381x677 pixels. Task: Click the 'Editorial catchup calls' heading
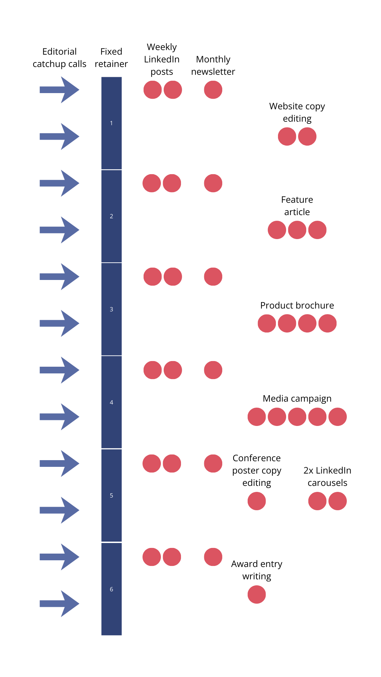tap(59, 57)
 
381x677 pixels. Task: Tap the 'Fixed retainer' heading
tap(111, 57)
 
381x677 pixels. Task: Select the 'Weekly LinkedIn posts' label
tap(162, 59)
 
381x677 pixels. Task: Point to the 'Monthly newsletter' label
tap(213, 65)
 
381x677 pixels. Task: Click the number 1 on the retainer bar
tap(111, 123)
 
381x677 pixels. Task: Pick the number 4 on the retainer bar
tap(111, 402)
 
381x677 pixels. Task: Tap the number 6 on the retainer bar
tap(111, 589)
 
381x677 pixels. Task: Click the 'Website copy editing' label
tap(297, 112)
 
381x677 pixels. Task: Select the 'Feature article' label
tap(297, 206)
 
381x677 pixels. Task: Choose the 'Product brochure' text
tap(297, 305)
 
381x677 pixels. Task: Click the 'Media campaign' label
tap(297, 398)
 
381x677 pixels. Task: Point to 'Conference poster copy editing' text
tap(257, 470)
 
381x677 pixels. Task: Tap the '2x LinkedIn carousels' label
tap(327, 476)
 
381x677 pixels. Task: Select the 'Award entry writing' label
tap(257, 570)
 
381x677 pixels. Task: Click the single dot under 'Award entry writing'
tap(257, 594)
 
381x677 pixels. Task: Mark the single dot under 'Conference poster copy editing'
tap(257, 501)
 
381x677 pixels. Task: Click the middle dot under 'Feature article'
tap(297, 230)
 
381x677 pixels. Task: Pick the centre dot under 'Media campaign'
tap(297, 417)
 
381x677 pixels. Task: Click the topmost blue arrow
tap(59, 90)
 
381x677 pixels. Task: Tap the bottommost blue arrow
tap(59, 604)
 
